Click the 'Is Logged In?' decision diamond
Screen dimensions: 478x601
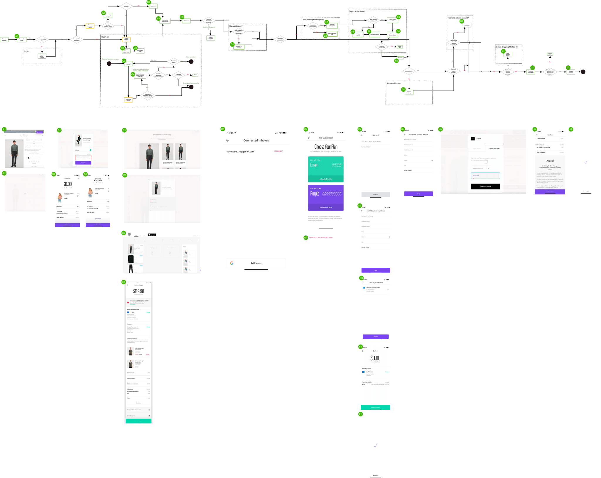[x=42, y=40]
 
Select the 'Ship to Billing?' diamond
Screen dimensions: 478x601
[x=409, y=71]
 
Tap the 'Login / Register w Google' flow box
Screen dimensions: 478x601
[x=42, y=56]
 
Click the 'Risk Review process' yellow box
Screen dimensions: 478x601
[x=128, y=100]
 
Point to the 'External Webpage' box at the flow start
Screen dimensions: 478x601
[x=4, y=40]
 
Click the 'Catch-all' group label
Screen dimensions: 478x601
[x=105, y=37]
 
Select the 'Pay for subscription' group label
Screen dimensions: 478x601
[x=357, y=11]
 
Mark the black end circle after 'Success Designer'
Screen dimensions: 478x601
[x=583, y=72]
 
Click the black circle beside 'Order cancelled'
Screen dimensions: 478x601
[x=191, y=62]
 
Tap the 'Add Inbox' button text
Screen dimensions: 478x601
[x=256, y=263]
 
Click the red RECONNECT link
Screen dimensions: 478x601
[x=278, y=151]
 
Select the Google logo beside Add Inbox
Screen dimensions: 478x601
[x=232, y=263]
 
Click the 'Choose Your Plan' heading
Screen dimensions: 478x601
[x=326, y=147]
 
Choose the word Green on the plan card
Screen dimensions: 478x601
[x=314, y=165]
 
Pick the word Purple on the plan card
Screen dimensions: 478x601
[x=315, y=194]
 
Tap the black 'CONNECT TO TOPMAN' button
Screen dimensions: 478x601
[x=485, y=187]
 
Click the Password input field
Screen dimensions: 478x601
[x=485, y=176]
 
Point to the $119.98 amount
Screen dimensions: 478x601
[x=139, y=291]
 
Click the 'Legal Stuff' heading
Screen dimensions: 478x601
[x=550, y=161]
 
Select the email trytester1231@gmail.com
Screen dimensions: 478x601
[x=240, y=152]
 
